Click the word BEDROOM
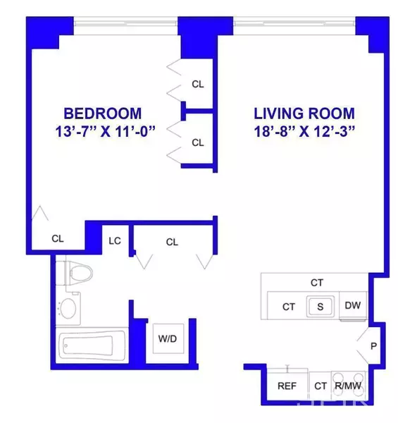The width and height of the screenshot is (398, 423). click(103, 113)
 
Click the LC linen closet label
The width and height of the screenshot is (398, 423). click(115, 241)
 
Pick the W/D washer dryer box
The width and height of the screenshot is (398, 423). click(166, 338)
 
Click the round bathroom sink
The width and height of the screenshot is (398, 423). click(69, 308)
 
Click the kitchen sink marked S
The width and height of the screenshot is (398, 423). click(320, 306)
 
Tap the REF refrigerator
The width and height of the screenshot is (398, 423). click(287, 386)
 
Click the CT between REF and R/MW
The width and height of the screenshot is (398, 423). click(321, 386)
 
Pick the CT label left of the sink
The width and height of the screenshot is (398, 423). click(289, 306)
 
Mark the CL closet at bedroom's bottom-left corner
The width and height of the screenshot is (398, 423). click(58, 238)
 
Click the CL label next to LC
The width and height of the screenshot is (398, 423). click(172, 241)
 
